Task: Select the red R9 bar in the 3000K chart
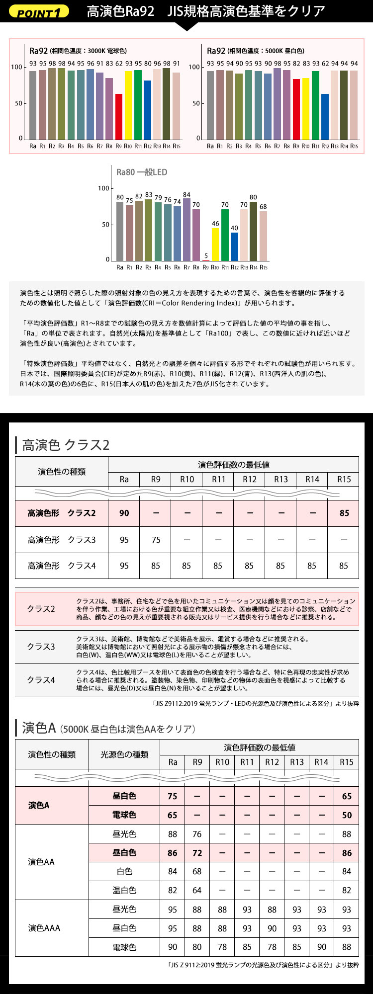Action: coord(119,116)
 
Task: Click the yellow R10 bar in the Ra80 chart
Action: coord(215,244)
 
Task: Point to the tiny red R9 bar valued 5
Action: coord(206,260)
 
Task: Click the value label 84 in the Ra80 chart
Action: coord(186,195)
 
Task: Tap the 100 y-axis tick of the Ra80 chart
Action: coord(103,188)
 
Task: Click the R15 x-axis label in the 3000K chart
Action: coord(177,146)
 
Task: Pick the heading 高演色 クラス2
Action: coord(66,444)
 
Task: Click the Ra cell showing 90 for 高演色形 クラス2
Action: coord(124,513)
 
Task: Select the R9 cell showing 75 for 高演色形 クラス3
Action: coord(156,540)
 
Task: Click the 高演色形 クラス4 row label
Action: coord(62,566)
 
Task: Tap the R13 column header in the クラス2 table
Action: coord(281,479)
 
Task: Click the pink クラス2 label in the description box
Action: coord(41,609)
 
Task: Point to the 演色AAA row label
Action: coord(44,928)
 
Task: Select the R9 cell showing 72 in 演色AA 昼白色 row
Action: coord(197,853)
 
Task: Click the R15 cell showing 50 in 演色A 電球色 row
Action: coord(347,815)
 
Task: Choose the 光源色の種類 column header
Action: coord(124,754)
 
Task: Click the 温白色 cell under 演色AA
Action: coord(124,890)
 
